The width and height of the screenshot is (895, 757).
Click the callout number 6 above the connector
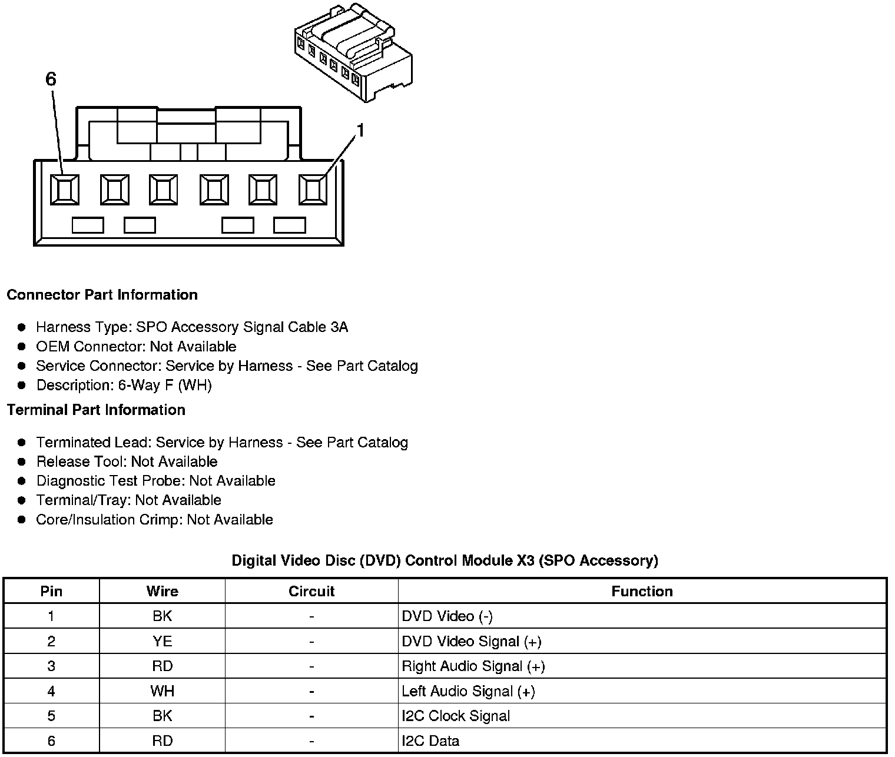pyautogui.click(x=51, y=79)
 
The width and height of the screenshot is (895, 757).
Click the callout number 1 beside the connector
pyautogui.click(x=360, y=131)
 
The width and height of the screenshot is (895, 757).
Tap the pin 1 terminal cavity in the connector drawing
pyautogui.click(x=313, y=190)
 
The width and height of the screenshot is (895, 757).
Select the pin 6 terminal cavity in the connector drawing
pyautogui.click(x=64, y=190)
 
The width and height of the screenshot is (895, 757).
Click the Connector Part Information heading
pyautogui.click(x=102, y=295)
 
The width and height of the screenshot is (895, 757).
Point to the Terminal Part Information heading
pyautogui.click(x=96, y=410)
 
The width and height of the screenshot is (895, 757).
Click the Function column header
pyautogui.click(x=642, y=592)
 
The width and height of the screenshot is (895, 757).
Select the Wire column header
pyautogui.click(x=162, y=592)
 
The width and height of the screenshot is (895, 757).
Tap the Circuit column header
pyautogui.click(x=311, y=592)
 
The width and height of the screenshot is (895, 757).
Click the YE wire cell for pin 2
pyautogui.click(x=162, y=642)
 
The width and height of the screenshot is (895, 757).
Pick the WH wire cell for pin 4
pyautogui.click(x=162, y=691)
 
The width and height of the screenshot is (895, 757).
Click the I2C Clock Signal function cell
pyautogui.click(x=456, y=716)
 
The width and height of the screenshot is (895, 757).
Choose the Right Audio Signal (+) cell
pyautogui.click(x=473, y=666)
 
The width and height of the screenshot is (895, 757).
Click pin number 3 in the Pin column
pyautogui.click(x=51, y=666)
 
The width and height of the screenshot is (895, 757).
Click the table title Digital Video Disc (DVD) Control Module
pyautogui.click(x=445, y=560)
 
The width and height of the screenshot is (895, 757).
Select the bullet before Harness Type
pyautogui.click(x=22, y=327)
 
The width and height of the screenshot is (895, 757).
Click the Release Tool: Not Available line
pyautogui.click(x=127, y=462)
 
